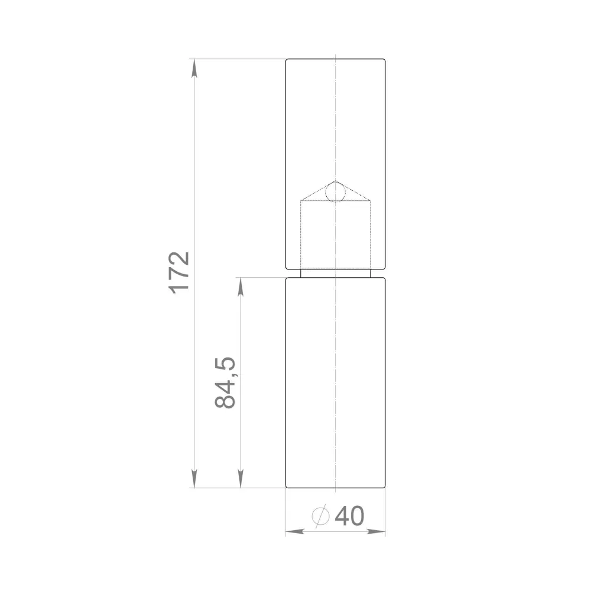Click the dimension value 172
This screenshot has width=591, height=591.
pyautogui.click(x=179, y=271)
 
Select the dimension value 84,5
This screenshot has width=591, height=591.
pyautogui.click(x=226, y=382)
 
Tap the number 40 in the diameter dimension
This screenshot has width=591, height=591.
pyautogui.click(x=349, y=517)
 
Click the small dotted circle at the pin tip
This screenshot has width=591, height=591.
pyautogui.click(x=335, y=192)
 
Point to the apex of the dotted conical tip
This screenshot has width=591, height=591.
pyautogui.click(x=335, y=181)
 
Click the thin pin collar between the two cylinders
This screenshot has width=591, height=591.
pyautogui.click(x=335, y=273)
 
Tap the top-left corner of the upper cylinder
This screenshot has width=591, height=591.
pyautogui.click(x=287, y=59)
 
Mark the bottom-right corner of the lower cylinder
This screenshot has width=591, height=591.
pyautogui.click(x=385, y=488)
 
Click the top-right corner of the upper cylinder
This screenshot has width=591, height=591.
pyautogui.click(x=385, y=59)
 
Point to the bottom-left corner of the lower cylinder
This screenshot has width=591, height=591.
pyautogui.click(x=287, y=488)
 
